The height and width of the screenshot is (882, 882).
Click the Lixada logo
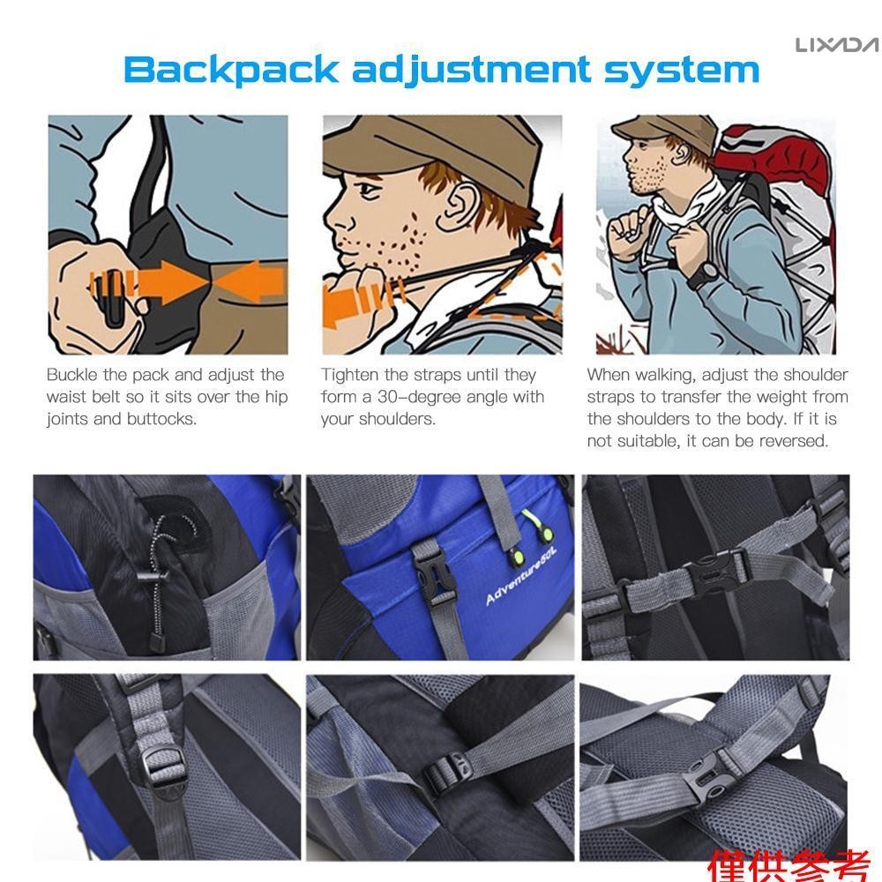click(x=837, y=45)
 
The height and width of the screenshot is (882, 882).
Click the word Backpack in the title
click(x=231, y=70)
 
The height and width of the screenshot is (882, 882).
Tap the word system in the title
click(x=682, y=70)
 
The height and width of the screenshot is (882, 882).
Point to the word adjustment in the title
click(x=471, y=71)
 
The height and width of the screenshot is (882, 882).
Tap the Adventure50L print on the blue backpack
click(x=521, y=575)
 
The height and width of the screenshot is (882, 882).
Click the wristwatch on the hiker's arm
click(x=703, y=274)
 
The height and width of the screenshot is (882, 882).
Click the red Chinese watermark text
click(x=789, y=865)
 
